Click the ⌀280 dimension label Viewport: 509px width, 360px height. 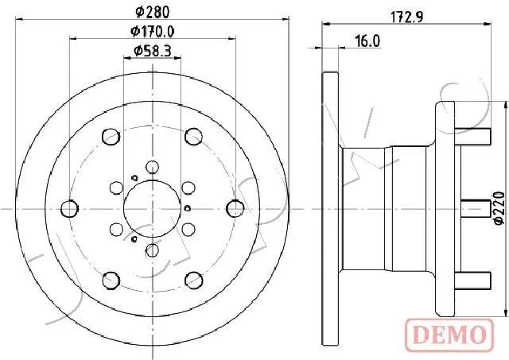(152, 13)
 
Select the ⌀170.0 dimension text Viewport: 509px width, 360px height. (152, 32)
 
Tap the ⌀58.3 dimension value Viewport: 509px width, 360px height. (152, 51)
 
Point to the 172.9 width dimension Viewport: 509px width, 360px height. (406, 17)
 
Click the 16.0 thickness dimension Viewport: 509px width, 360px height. (367, 41)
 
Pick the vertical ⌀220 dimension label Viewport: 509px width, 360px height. (499, 208)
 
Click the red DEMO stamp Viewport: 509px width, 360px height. (449, 335)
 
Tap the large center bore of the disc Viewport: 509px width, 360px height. (152, 208)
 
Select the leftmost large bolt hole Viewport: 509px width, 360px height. (69, 208)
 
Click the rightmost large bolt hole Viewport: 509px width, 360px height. (235, 208)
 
